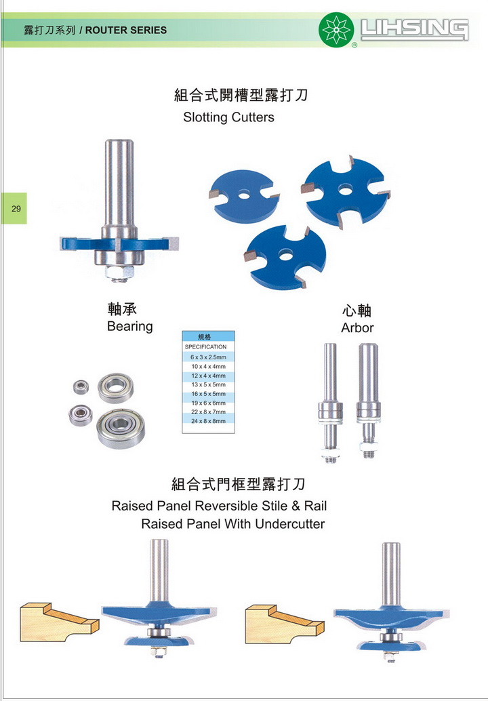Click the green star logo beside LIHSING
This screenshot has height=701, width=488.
click(336, 30)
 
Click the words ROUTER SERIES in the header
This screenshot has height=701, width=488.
click(126, 31)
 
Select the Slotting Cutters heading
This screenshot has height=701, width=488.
click(228, 117)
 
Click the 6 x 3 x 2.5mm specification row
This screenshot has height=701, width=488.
click(208, 357)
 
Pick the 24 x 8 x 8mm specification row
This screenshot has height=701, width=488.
click(208, 421)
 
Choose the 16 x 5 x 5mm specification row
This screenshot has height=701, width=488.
click(208, 394)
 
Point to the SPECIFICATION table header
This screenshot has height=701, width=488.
click(205, 347)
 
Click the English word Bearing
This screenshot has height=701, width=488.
click(129, 326)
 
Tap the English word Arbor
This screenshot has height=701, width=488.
click(357, 327)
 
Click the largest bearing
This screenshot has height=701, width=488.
click(121, 428)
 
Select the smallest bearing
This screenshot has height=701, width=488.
click(81, 387)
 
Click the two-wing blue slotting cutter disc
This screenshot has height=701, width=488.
click(244, 195)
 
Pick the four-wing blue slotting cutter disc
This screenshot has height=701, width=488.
click(346, 191)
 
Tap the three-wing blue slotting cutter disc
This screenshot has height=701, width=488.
click(285, 256)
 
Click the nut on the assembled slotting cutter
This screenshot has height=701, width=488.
click(120, 272)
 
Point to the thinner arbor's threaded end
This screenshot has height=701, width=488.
click(331, 456)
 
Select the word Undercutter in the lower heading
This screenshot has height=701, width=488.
click(290, 524)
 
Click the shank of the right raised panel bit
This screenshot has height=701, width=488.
click(391, 574)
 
